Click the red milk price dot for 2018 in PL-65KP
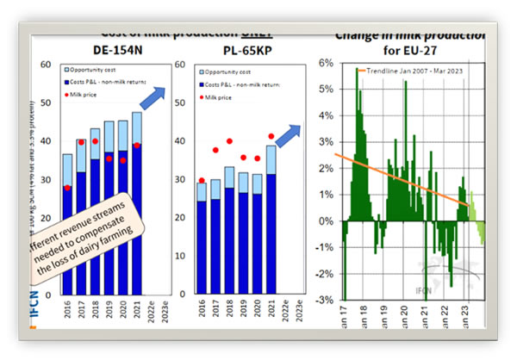(229, 140)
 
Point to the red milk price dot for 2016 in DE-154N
(67, 187)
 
